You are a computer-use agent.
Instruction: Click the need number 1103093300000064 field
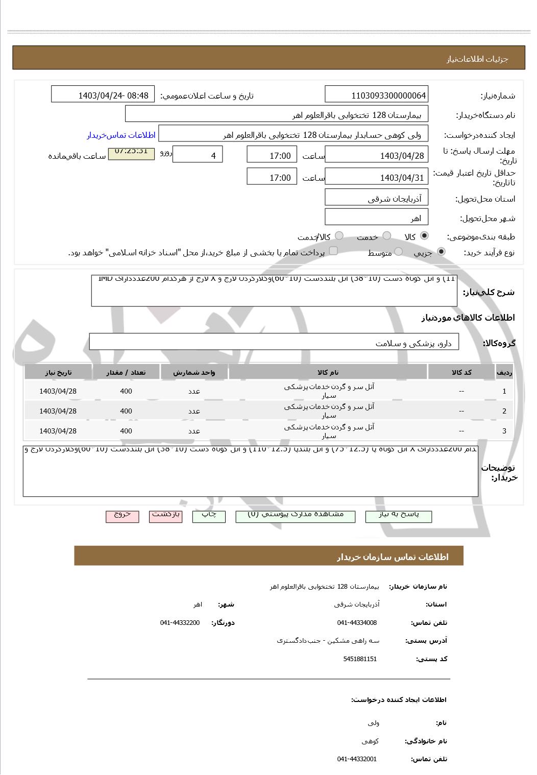376,95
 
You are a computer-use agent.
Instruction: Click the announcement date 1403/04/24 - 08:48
103,95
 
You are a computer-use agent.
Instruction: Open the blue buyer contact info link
121,135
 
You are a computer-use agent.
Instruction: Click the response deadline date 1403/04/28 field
376,156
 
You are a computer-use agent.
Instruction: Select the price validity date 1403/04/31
376,178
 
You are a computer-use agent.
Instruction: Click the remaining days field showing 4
198,156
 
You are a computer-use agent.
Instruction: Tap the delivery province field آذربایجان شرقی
376,199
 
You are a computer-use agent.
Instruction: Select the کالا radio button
424,236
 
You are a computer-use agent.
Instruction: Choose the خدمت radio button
387,236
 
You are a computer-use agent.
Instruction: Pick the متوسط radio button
399,252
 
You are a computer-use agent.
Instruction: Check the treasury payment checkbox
333,251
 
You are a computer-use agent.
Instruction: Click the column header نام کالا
328,372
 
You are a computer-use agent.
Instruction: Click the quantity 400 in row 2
126,411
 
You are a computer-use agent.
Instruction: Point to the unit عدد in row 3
194,431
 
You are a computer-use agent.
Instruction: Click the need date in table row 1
58,391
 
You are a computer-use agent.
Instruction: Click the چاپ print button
209,516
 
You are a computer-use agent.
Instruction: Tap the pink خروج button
122,516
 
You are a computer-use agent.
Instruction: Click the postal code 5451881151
360,659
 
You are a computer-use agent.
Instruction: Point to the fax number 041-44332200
180,622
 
